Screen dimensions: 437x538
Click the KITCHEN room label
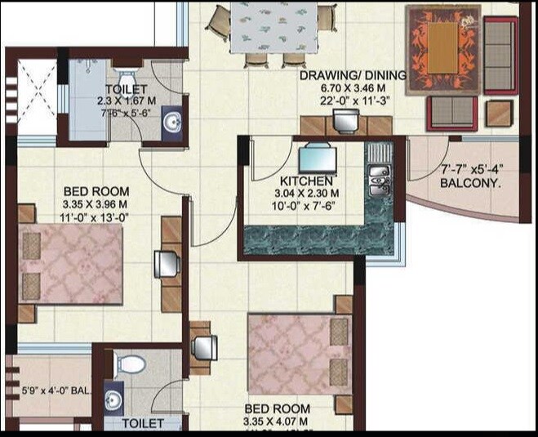(x=306, y=180)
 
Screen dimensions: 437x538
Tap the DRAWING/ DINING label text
(x=353, y=76)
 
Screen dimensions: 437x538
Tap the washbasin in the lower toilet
(x=114, y=399)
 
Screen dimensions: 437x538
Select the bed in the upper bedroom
(x=70, y=264)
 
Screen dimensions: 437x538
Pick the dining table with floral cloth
(x=272, y=29)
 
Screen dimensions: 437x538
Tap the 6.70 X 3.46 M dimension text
(x=353, y=88)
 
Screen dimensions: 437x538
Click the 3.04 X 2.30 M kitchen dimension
(x=306, y=193)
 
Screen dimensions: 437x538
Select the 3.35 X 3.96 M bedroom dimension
(x=95, y=204)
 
